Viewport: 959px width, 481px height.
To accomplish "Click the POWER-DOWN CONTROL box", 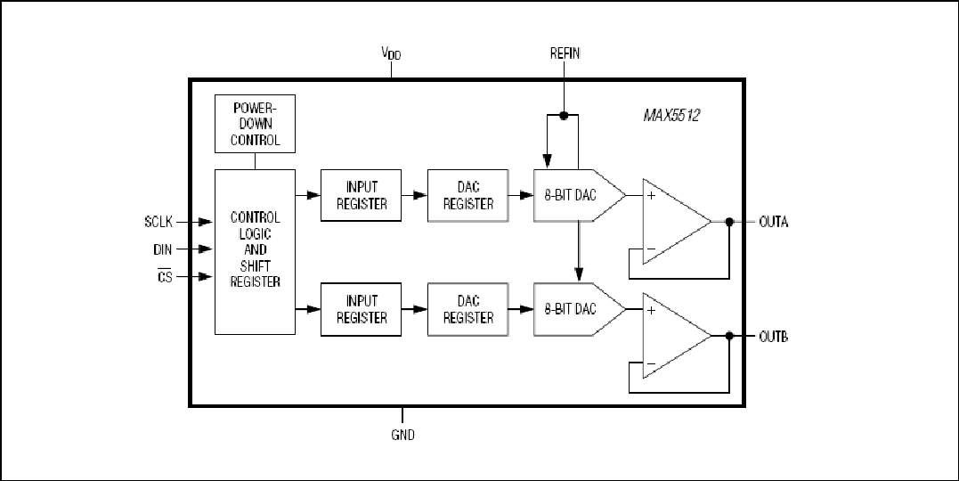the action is pos(255,124).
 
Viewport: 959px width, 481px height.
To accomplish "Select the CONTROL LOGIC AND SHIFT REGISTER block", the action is pos(255,251).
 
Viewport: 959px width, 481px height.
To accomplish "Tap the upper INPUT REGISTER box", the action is pos(361,195).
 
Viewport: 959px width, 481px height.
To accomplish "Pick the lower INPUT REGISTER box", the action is pos(361,309).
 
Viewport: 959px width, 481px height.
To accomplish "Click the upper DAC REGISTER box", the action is pos(467,195).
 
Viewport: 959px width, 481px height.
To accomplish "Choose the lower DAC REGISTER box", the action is pos(467,309).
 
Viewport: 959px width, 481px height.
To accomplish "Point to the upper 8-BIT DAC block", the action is pos(579,195).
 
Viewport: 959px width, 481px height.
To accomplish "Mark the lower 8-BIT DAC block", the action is pos(579,309).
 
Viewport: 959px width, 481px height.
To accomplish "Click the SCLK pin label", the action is pos(158,222).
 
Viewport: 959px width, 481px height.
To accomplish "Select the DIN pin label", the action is pos(163,249).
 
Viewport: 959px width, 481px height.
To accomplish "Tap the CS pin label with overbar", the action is pos(165,276).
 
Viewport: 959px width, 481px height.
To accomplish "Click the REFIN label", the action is pos(565,53).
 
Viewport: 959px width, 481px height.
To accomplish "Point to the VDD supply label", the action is pos(392,53).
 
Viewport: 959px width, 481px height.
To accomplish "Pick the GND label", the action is pos(402,435).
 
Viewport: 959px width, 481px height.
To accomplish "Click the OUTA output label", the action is pos(774,222).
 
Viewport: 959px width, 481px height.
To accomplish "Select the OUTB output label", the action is pos(774,336).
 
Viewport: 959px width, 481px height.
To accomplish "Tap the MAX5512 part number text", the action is pos(671,116).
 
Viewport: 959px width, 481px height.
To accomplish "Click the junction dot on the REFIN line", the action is pos(564,115).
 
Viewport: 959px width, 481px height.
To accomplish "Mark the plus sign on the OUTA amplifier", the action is pos(651,196).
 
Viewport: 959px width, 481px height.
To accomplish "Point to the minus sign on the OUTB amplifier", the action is pos(651,364).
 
